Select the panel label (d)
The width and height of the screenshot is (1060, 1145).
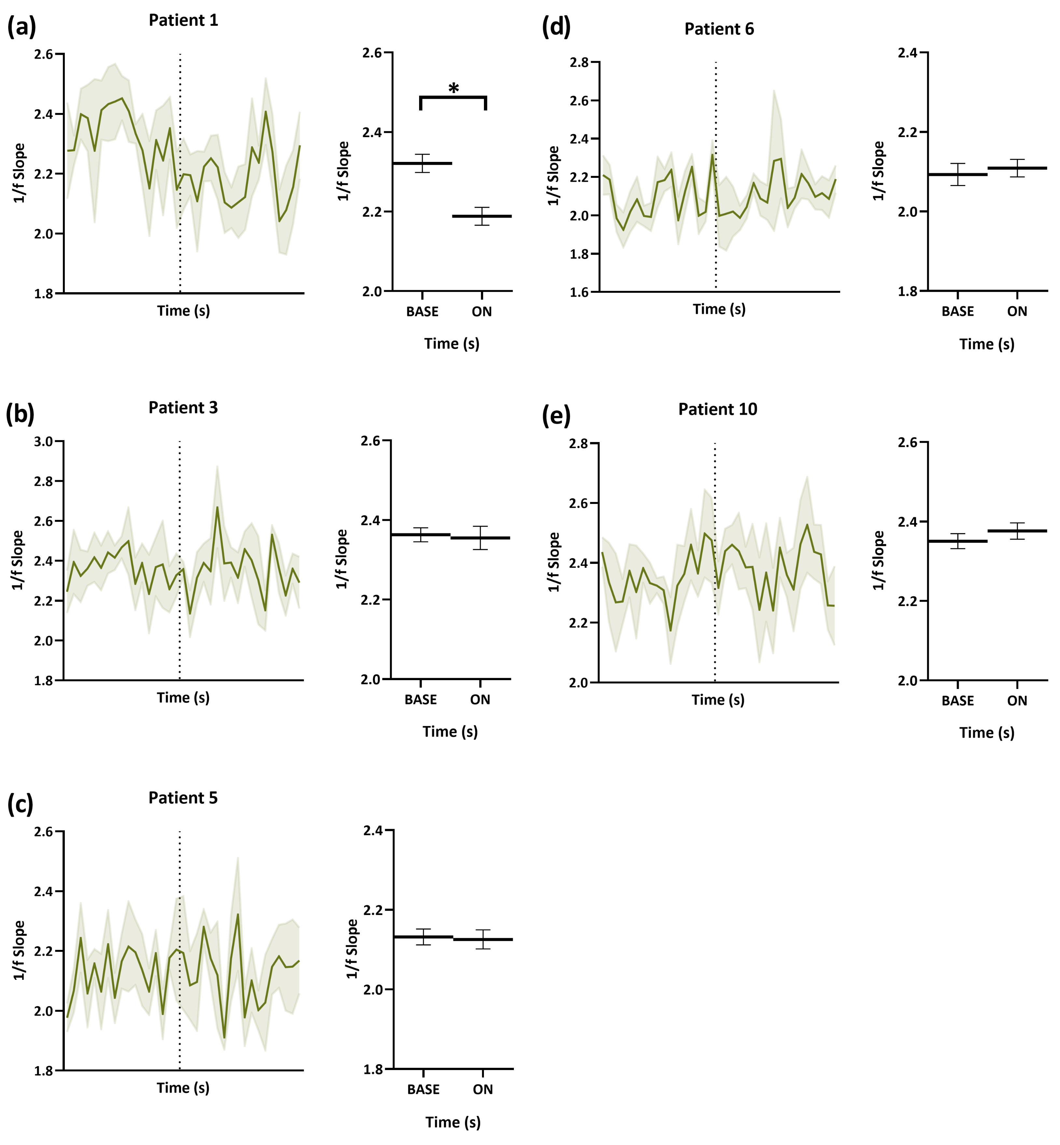pos(556,27)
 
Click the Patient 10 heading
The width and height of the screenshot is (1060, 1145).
pos(717,409)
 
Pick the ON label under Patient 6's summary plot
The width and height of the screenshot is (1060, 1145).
pos(1017,311)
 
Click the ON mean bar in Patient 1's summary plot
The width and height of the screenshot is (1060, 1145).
pos(482,216)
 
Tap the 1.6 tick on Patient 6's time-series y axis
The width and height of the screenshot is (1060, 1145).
pos(579,292)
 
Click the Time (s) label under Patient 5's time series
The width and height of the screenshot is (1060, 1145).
pos(183,1088)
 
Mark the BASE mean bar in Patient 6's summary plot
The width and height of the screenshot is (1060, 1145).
pos(957,174)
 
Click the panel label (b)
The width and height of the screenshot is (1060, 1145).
pos(20,414)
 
